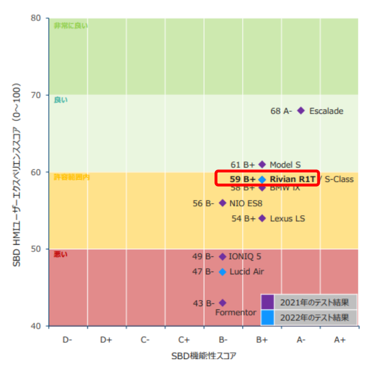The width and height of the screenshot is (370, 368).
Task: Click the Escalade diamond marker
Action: (x=301, y=111)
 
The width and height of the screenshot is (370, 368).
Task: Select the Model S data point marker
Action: (x=262, y=164)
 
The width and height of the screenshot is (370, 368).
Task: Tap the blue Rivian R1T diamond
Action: (x=262, y=179)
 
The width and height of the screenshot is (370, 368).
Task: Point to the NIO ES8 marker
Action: (x=223, y=203)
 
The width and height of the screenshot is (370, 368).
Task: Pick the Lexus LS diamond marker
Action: (x=262, y=218)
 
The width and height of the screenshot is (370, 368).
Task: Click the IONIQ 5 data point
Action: (x=223, y=256)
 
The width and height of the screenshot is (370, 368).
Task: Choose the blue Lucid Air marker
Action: (x=223, y=272)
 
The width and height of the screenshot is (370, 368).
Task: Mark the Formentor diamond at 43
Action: (x=223, y=302)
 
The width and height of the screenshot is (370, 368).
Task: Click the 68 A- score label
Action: (x=281, y=111)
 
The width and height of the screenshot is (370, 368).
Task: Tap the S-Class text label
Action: (x=339, y=179)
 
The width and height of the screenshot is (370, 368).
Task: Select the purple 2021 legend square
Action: (x=267, y=302)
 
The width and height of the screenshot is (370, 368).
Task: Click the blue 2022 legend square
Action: (x=267, y=317)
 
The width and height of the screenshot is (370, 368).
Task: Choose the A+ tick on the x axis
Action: (x=340, y=340)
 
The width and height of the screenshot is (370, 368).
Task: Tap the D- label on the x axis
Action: (x=67, y=340)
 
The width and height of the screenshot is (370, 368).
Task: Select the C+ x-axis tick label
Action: (x=184, y=340)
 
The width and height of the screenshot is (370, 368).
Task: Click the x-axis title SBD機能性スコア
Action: (x=203, y=356)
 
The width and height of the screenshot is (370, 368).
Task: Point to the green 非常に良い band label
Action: (x=70, y=25)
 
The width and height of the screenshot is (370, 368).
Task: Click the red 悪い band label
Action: (x=60, y=255)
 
